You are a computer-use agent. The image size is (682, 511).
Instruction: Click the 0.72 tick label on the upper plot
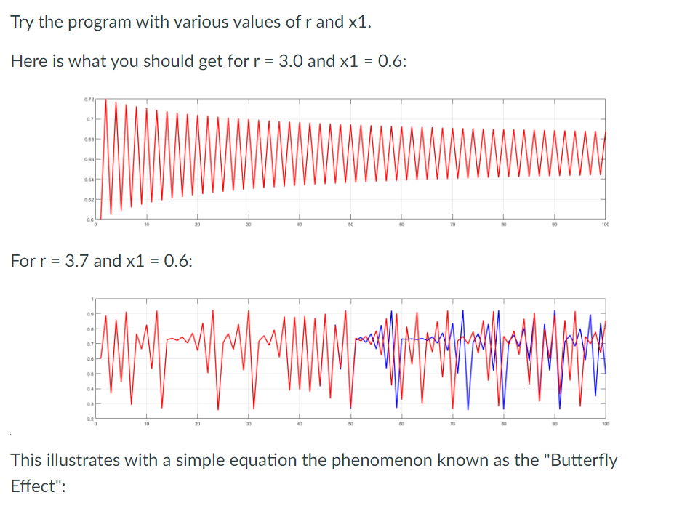point(88,99)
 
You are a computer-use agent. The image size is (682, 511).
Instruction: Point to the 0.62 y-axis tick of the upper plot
point(88,198)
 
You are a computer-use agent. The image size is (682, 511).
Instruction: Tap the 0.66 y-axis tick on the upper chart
point(88,159)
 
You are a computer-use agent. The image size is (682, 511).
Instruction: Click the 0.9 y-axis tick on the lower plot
point(89,314)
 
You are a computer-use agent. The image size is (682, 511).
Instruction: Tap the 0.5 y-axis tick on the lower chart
point(89,374)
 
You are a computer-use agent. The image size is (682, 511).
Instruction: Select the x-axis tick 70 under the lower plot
point(452,425)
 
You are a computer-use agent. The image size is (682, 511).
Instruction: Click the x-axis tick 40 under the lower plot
point(299,425)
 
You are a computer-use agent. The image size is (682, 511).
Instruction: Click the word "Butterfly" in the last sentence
point(584,460)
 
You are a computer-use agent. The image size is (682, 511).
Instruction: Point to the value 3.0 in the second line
point(289,61)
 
